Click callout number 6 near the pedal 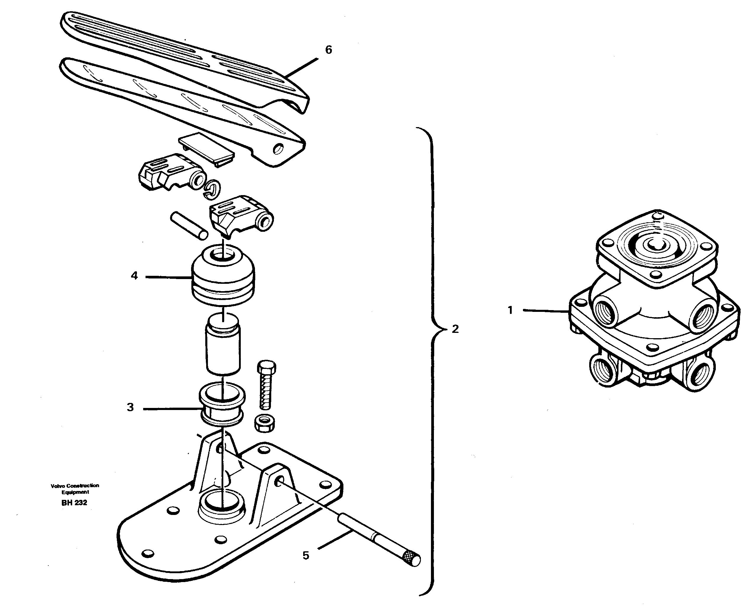[328, 50]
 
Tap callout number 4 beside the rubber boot [135, 276]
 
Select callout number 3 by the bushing [130, 407]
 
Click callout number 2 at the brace [455, 329]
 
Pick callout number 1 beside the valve [510, 310]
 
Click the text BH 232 [74, 503]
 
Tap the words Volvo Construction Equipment [75, 489]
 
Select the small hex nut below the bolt [265, 423]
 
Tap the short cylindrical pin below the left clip [189, 226]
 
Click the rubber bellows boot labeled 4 [223, 278]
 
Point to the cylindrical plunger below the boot [223, 346]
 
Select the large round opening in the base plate [222, 502]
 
